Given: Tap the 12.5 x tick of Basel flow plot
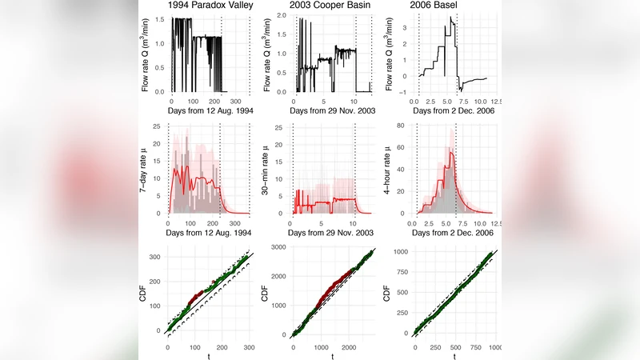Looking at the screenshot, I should coord(495,102).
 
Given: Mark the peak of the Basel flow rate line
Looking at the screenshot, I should coord(450,17).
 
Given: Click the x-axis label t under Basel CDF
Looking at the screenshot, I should coord(454,357).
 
